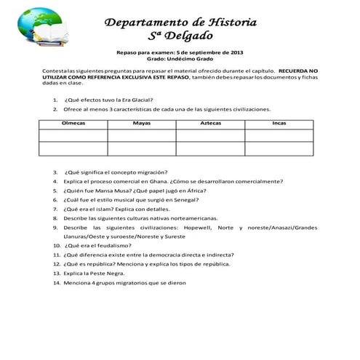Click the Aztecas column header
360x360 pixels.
pyautogui.click(x=211, y=124)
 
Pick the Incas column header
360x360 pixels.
pyautogui.click(x=279, y=124)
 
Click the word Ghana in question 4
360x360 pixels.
pyautogui.click(x=159, y=181)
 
